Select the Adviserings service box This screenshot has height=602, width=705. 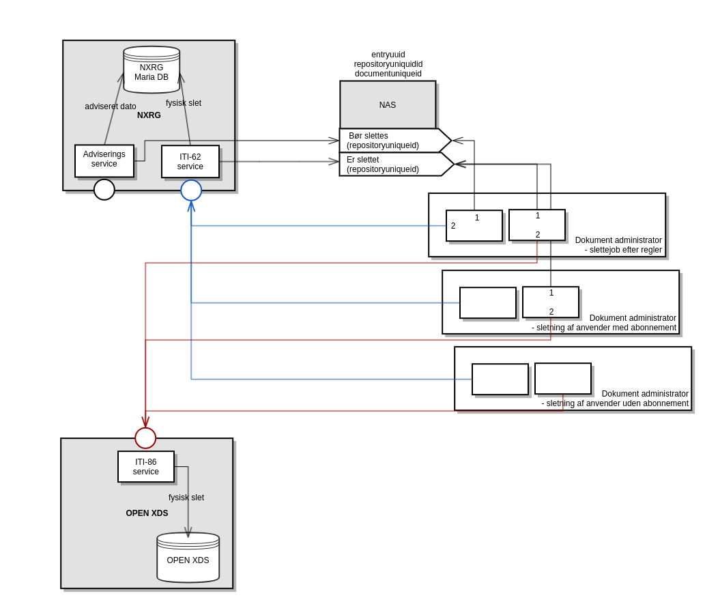click(104, 160)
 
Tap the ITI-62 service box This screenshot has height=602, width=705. click(190, 162)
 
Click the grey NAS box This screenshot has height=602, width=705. click(388, 105)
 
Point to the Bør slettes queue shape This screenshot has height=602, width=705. click(389, 141)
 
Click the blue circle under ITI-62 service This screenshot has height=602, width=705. click(191, 190)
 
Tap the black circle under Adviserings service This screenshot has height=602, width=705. click(104, 190)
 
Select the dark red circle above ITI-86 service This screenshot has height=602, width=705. click(145, 438)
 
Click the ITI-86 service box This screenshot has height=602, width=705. click(146, 467)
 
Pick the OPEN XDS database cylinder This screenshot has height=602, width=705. click(188, 558)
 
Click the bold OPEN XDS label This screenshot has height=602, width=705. click(147, 513)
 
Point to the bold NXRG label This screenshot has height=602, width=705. click(149, 115)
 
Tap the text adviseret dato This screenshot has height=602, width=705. click(111, 106)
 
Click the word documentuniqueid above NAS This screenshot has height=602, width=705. click(388, 74)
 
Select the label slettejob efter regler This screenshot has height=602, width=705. click(623, 250)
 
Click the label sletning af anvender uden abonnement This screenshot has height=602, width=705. click(615, 403)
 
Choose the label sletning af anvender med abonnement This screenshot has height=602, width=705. click(604, 328)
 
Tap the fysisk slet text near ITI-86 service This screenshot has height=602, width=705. click(186, 498)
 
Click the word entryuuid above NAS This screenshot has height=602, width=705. click(388, 55)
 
